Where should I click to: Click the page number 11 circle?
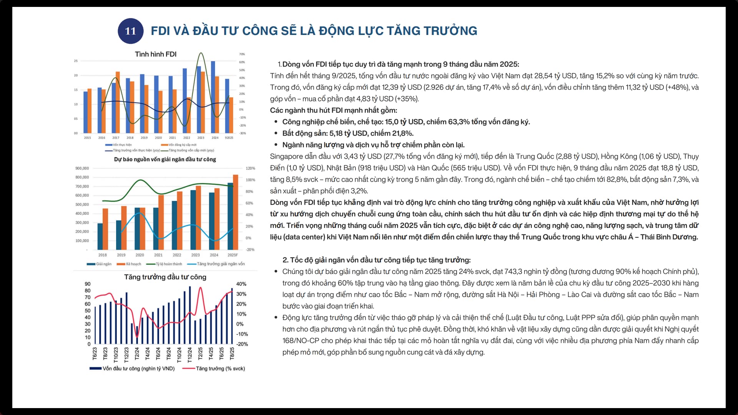130,31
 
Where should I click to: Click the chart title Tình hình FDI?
155,54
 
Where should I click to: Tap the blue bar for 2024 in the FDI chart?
213,97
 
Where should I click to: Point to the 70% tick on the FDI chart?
242,54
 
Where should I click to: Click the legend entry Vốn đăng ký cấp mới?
182,145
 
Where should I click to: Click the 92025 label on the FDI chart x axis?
229,138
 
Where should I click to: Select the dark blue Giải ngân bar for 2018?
100,236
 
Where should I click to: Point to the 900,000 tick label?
82,168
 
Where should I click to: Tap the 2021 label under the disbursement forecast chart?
158,255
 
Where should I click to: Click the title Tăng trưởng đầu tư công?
165,277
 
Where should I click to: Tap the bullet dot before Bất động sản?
276,133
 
